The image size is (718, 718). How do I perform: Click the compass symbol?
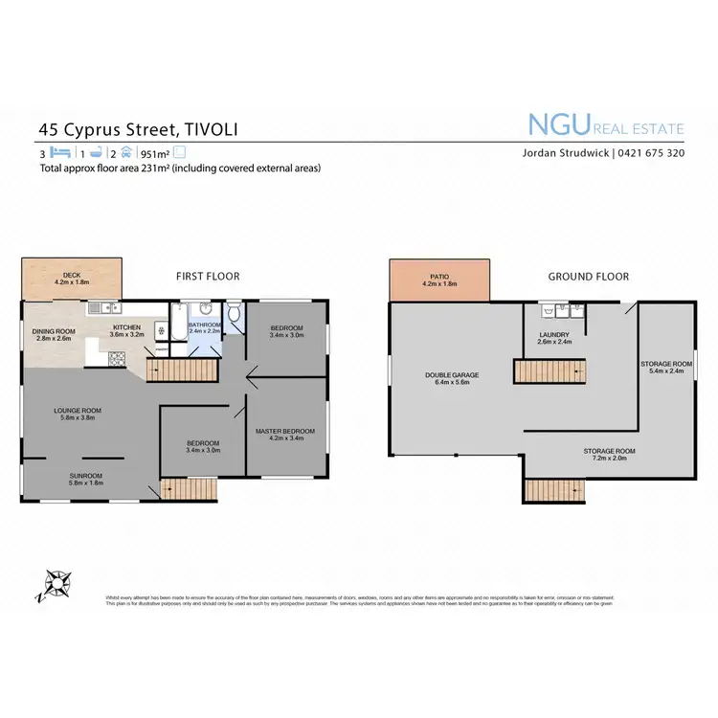tap(56, 583)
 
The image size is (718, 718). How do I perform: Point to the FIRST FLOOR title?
tap(208, 277)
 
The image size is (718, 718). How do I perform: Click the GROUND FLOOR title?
tap(588, 277)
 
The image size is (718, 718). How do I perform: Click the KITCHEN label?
tap(126, 327)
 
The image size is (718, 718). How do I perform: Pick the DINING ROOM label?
tap(53, 331)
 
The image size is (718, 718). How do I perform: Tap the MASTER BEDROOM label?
tap(284, 431)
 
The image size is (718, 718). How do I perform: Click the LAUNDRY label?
tap(555, 334)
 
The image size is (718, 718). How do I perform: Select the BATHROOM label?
tap(204, 325)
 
